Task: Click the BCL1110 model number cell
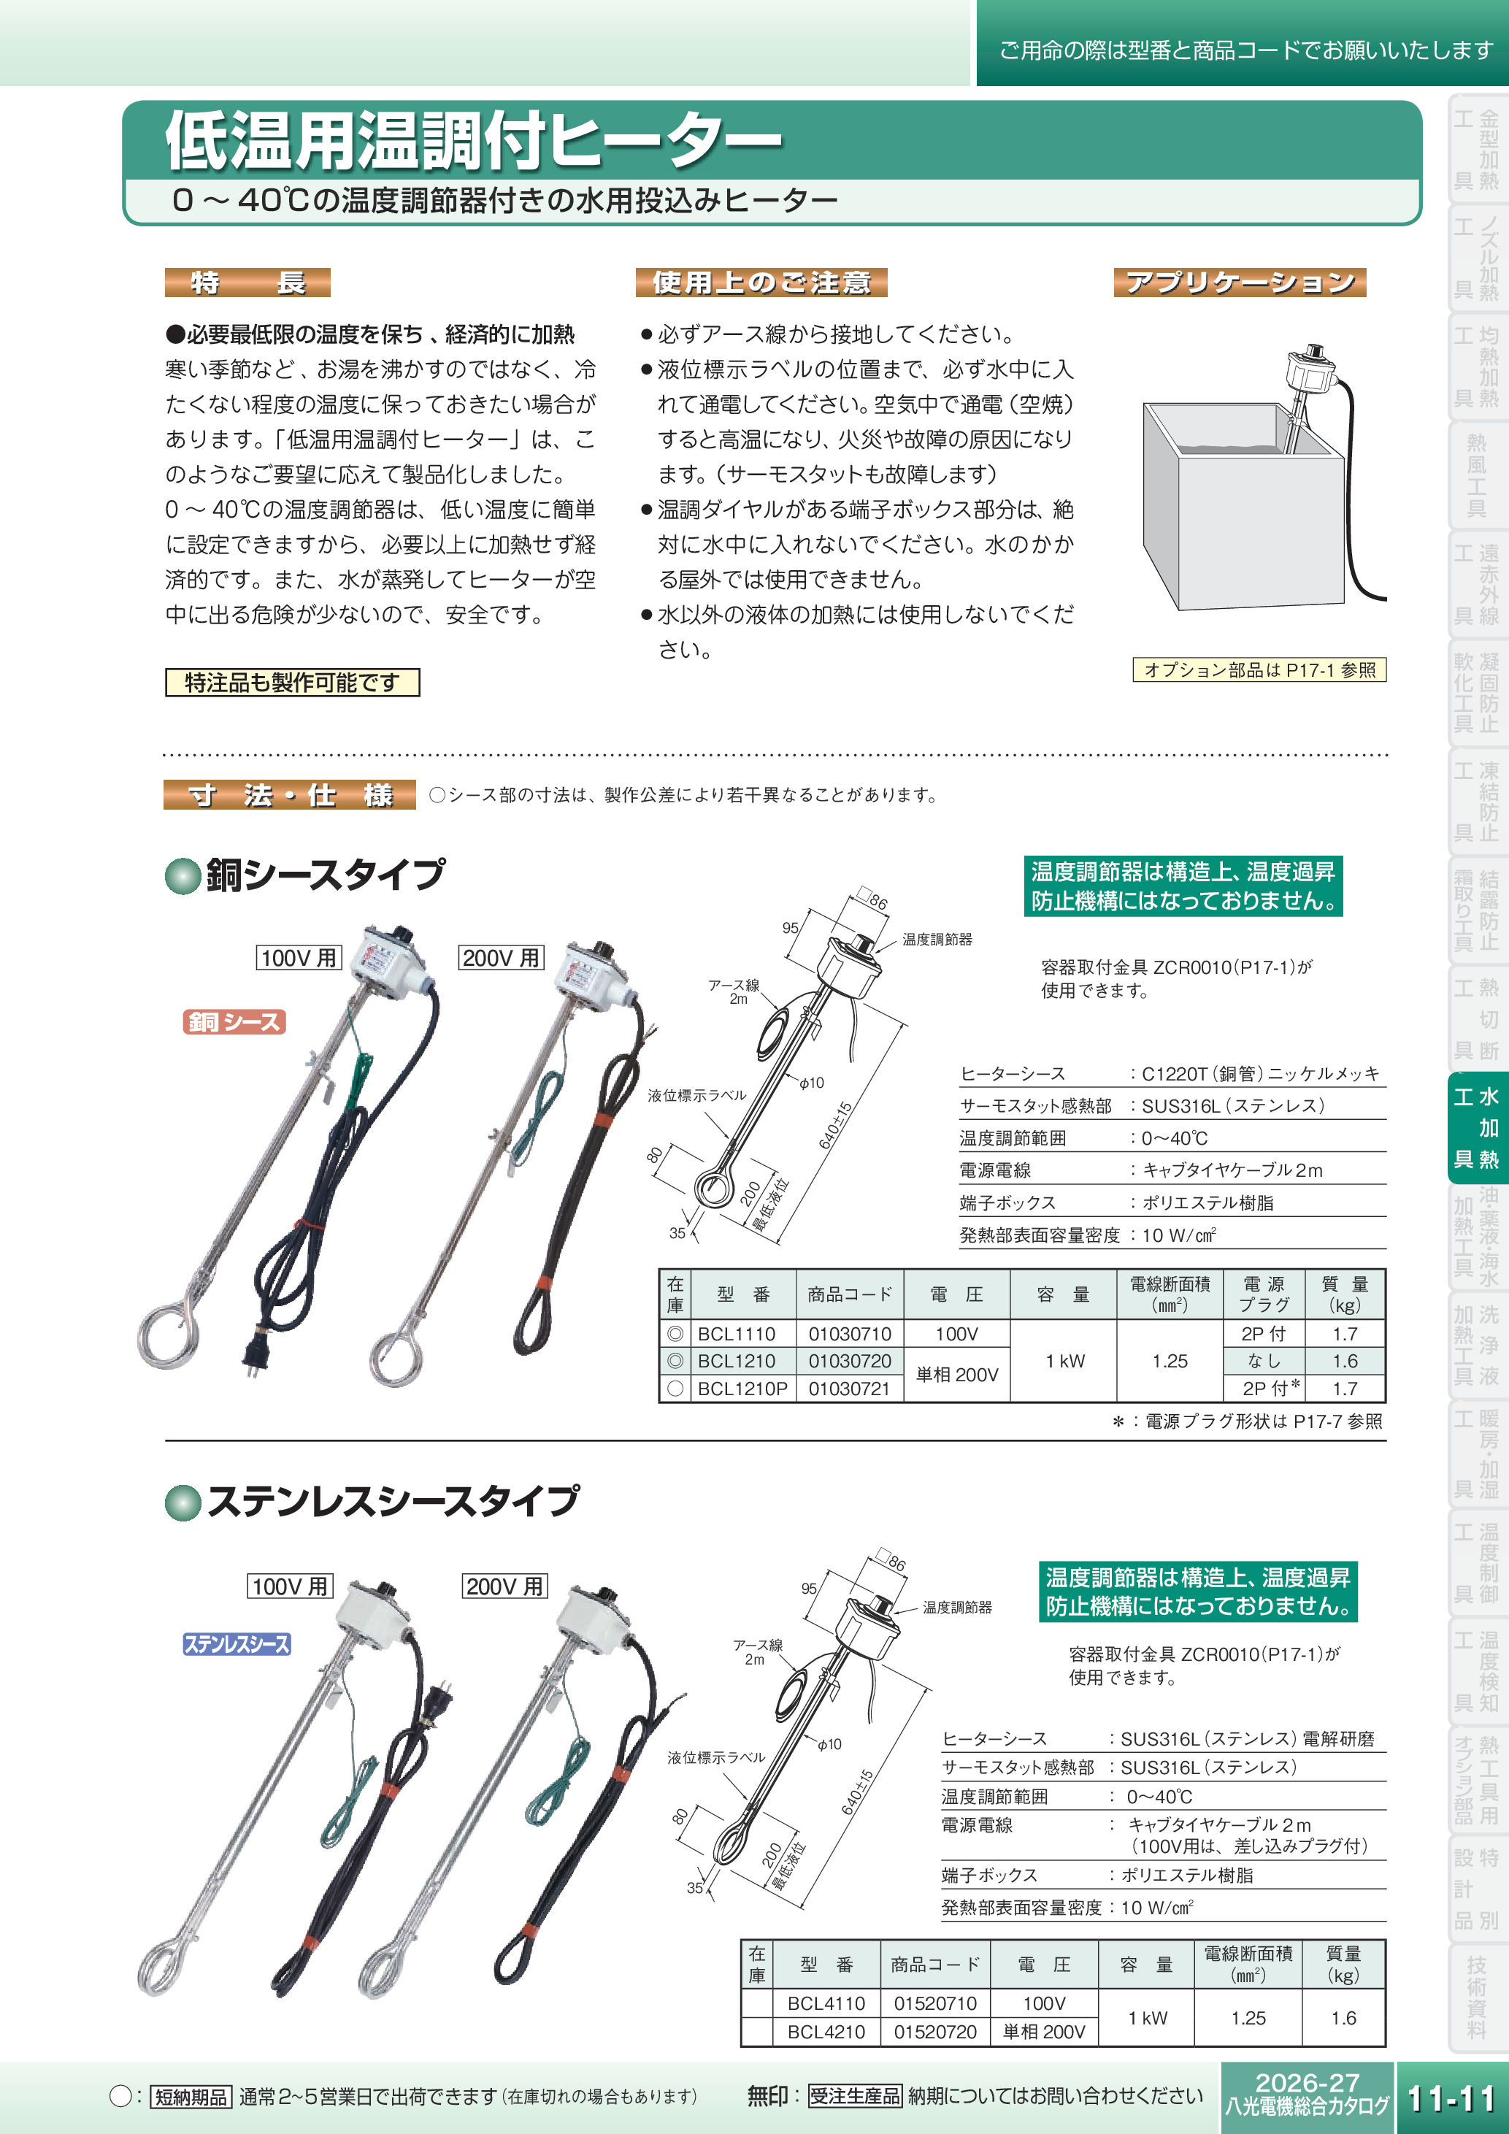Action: coord(736,1334)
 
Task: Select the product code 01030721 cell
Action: coord(849,1389)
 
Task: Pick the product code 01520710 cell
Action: coord(934,2003)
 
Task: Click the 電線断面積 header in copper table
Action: coord(1170,1294)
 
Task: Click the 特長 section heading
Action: coord(247,283)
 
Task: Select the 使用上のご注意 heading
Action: coord(761,283)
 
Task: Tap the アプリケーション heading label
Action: coord(1239,283)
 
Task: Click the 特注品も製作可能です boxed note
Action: coord(292,682)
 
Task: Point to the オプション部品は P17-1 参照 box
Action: coord(1259,670)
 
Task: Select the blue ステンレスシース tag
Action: coord(237,1643)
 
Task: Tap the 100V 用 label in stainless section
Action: coord(290,1586)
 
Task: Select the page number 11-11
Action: coord(1451,2097)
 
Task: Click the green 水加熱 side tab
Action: coord(1478,1127)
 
